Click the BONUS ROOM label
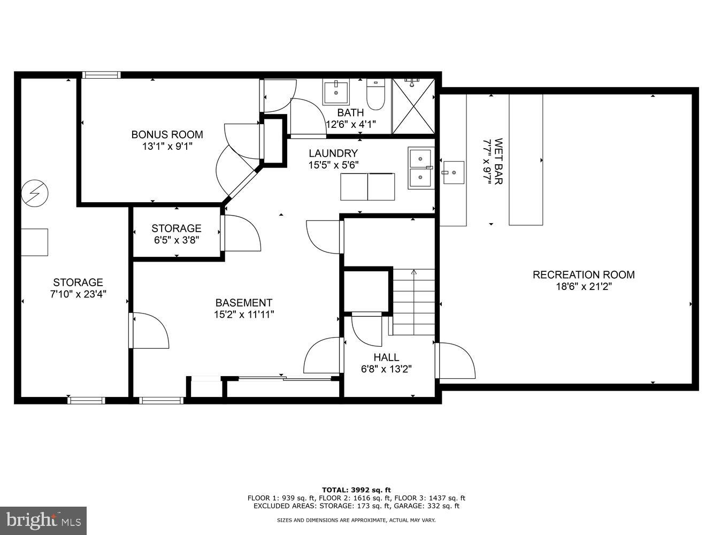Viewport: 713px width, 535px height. point(167,134)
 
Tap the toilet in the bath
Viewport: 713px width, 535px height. point(375,94)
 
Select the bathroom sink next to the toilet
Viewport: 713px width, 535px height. point(336,91)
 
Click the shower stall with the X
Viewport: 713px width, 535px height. point(413,106)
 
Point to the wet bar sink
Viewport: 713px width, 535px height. point(454,172)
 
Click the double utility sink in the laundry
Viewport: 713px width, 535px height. point(420,168)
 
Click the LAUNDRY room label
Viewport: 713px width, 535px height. point(333,154)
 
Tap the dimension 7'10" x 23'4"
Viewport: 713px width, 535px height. point(78,294)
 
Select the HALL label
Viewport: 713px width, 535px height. point(386,357)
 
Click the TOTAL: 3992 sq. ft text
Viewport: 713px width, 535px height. point(356,490)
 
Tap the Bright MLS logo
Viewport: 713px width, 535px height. point(43,520)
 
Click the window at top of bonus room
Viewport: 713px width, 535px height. point(101,75)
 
